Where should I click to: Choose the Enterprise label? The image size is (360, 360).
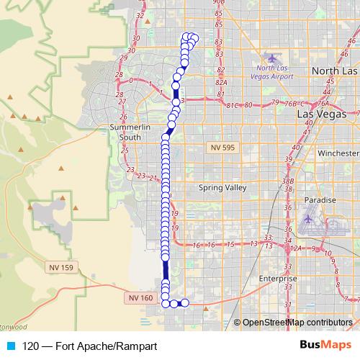click(277, 278)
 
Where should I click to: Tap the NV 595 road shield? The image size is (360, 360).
click(224, 147)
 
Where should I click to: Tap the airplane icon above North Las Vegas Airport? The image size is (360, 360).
click(271, 58)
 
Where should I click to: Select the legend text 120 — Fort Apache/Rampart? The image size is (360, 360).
click(90, 346)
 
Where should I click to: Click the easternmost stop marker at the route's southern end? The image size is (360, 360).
click(184, 303)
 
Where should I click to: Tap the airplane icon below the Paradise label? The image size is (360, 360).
click(310, 217)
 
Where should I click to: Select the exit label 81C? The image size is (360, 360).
click(233, 106)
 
